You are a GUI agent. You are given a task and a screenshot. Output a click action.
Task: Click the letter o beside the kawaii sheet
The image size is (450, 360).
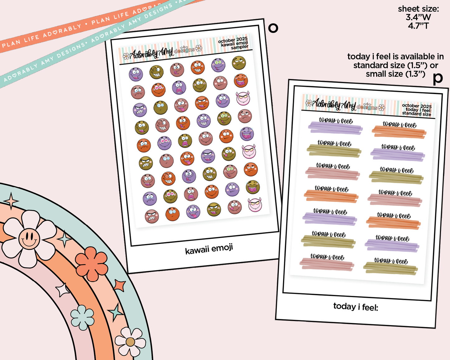pyautogui.click(x=273, y=28)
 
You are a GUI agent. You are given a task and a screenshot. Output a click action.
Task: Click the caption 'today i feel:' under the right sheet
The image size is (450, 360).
pyautogui.click(x=356, y=307)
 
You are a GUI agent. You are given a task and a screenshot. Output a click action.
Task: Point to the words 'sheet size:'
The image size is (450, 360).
pyautogui.click(x=418, y=9)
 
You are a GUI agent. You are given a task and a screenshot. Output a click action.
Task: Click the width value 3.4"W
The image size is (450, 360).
pyautogui.click(x=418, y=17)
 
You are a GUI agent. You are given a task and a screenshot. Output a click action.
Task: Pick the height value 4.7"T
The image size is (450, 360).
pyautogui.click(x=418, y=26)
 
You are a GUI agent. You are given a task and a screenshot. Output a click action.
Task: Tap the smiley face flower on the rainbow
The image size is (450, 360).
pyautogui.click(x=29, y=239)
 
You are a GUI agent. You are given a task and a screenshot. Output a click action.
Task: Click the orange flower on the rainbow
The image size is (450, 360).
pyautogui.click(x=92, y=263)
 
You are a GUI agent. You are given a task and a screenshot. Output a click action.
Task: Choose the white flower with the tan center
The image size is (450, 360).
pyautogui.click(x=130, y=342)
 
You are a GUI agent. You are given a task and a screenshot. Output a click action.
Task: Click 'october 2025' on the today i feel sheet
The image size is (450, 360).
pyautogui.click(x=417, y=106)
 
